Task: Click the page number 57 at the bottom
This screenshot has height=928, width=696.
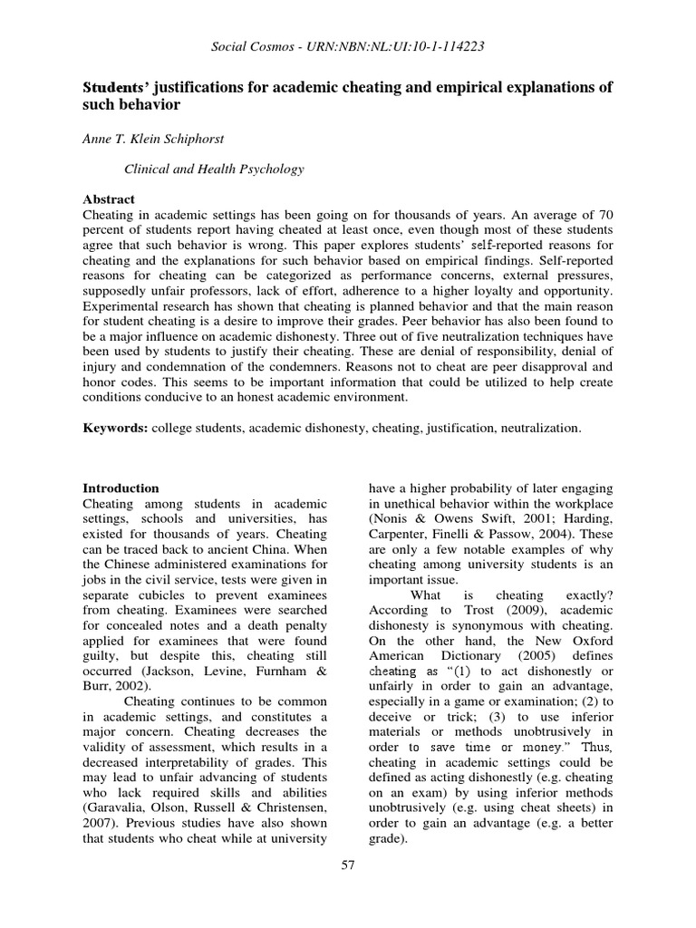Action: click(x=348, y=865)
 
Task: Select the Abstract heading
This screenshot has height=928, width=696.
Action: click(x=109, y=199)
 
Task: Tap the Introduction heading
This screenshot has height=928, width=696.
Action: click(x=121, y=488)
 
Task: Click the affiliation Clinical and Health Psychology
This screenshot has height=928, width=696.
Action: click(x=213, y=169)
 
